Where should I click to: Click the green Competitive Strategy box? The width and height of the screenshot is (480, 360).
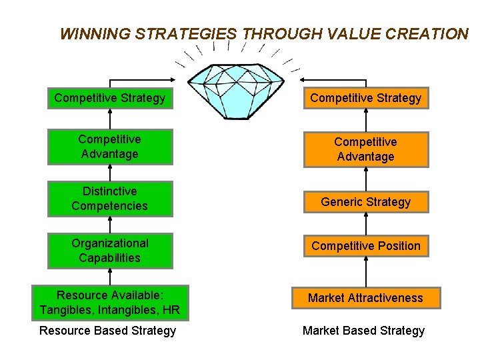click(110, 98)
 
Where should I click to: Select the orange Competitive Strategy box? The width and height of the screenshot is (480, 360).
click(365, 98)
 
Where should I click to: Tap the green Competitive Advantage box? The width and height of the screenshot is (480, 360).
click(110, 147)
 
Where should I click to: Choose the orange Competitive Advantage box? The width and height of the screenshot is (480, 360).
click(365, 149)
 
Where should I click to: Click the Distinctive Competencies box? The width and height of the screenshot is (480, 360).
click(110, 199)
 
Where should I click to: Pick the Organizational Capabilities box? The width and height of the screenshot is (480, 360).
click(110, 251)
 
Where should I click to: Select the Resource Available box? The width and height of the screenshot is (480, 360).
click(110, 303)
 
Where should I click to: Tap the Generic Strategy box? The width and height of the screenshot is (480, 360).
click(365, 201)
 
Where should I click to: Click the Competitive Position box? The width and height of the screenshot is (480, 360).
click(365, 246)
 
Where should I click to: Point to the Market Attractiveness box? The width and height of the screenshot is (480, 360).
click(365, 298)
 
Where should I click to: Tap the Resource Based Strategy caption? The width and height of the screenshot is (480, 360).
click(108, 331)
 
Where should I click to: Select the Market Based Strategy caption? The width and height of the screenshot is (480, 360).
click(363, 331)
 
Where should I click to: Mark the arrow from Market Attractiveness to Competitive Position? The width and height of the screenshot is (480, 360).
click(366, 273)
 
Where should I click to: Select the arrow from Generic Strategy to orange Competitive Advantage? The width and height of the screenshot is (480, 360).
click(366, 178)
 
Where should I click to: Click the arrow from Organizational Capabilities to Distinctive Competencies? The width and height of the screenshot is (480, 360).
click(110, 225)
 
